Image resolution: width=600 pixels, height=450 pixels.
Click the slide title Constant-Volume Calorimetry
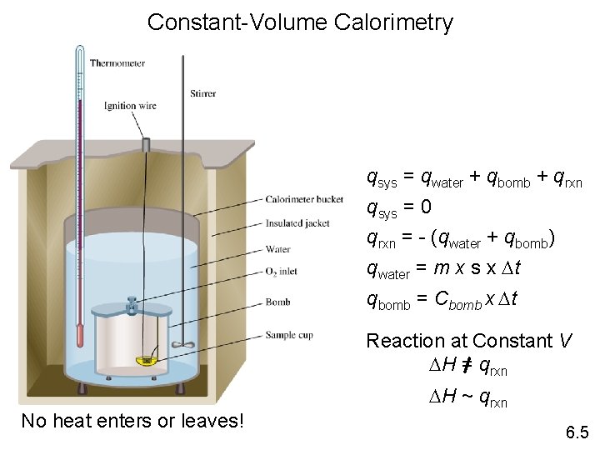(x=300, y=22)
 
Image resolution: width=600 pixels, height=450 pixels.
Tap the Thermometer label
(x=117, y=62)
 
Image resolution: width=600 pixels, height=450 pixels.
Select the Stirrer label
(x=202, y=93)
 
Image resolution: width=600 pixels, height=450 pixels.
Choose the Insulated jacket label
(x=297, y=223)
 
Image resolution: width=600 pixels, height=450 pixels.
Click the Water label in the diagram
(x=277, y=248)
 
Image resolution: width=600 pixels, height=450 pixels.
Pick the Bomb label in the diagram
(x=277, y=302)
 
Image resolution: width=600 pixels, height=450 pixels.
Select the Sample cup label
(x=287, y=335)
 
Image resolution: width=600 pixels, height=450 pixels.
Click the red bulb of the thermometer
(x=80, y=337)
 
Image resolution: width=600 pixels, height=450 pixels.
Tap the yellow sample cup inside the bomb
(x=147, y=360)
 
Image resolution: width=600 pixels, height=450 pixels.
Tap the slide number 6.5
(x=577, y=432)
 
